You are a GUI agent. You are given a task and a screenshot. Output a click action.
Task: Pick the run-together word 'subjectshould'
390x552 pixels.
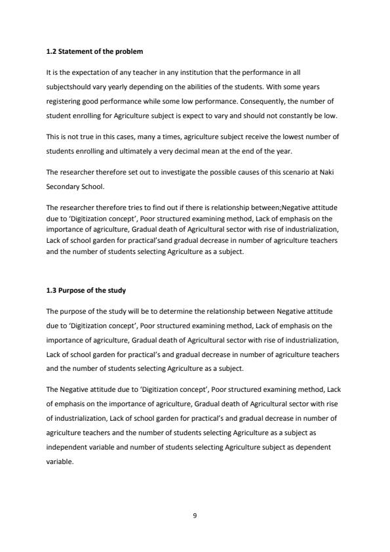pos(69,86)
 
